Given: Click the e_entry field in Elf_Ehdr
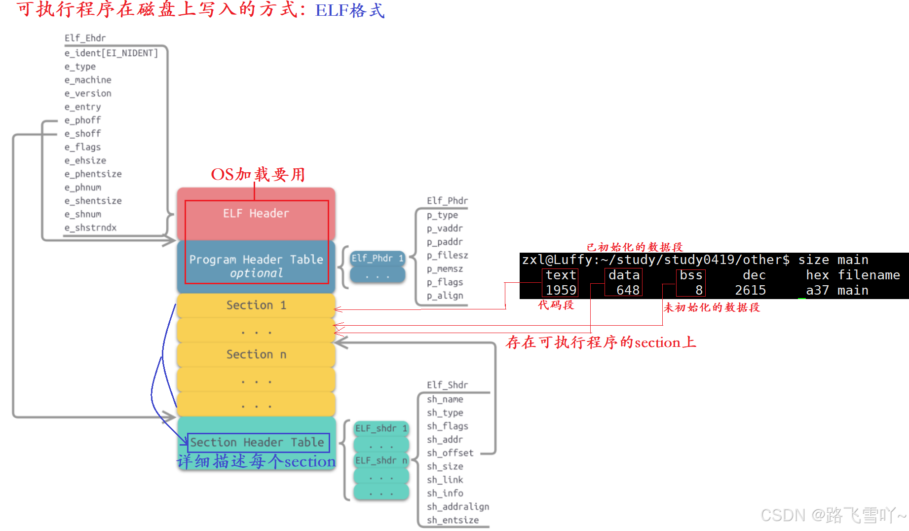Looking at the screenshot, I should [82, 107].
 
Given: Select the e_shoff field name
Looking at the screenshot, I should [82, 134].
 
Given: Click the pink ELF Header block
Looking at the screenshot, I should [256, 214].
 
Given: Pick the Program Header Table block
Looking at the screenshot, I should [256, 265].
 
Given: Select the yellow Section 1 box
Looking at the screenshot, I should [256, 305].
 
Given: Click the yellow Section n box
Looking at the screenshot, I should [256, 355].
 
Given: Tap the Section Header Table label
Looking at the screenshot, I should [257, 443].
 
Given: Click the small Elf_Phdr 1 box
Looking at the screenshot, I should [377, 258].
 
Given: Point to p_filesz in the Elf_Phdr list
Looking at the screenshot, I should [447, 256].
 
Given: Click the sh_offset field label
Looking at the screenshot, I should [450, 453].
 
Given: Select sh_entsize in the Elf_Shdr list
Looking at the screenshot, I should [453, 520].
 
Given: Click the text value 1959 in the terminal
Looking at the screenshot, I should [561, 290].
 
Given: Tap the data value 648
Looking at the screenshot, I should [628, 290].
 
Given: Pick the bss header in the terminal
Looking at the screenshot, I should [691, 275].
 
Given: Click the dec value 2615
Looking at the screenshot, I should [750, 290].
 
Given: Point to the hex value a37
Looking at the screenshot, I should [817, 290].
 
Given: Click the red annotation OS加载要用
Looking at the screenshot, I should [258, 175].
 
